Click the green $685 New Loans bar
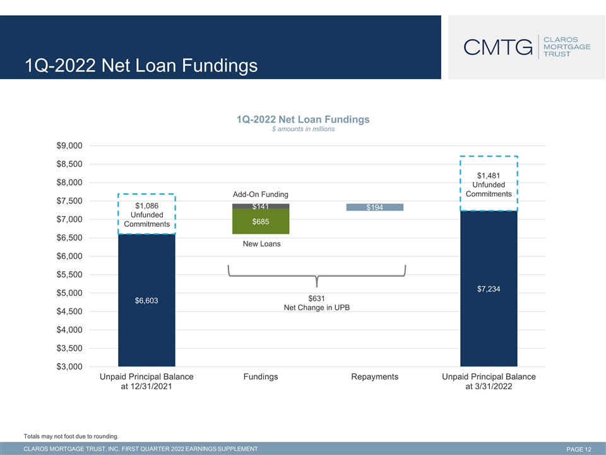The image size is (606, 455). point(261,221)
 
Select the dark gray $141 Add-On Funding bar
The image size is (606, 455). point(261,206)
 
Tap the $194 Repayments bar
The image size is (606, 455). point(374,207)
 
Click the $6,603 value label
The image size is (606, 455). point(146,301)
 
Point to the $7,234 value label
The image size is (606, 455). point(489,289)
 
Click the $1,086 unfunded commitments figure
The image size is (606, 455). point(147,206)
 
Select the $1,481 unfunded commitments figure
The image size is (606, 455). point(489,176)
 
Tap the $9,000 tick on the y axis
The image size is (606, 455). point(69,145)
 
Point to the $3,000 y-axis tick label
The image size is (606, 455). point(69,367)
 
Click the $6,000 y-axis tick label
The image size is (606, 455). point(69,256)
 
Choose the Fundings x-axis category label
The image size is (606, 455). point(261,377)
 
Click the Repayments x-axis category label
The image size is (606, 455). point(374,377)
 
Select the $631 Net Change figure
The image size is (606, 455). point(316,298)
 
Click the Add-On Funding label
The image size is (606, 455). point(261,194)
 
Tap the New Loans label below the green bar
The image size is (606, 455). point(261,244)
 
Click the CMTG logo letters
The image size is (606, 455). point(498,47)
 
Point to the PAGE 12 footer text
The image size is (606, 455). point(579,449)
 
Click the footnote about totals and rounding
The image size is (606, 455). point(71,436)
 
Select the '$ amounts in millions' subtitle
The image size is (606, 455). point(303,129)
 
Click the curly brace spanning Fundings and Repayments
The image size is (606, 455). point(317,276)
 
